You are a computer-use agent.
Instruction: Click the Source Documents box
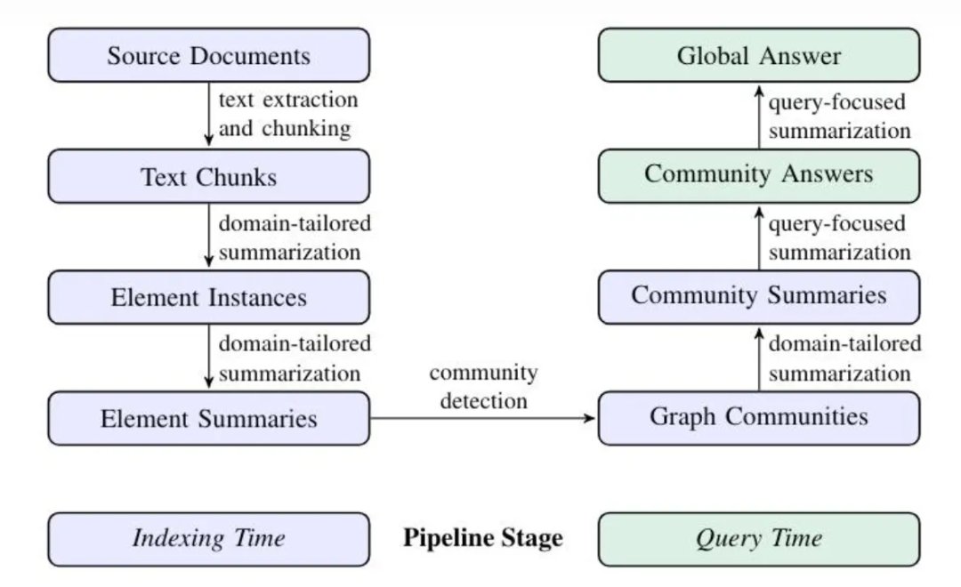click(x=209, y=55)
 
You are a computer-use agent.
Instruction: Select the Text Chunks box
click(x=209, y=176)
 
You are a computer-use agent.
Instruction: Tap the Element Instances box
click(x=209, y=297)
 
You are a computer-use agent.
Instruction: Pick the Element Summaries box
click(x=209, y=419)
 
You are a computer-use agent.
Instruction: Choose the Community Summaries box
click(x=759, y=297)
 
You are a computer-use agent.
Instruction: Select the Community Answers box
click(x=759, y=176)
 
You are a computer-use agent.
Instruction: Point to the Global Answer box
click(x=759, y=55)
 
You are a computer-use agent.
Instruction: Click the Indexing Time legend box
click(x=209, y=539)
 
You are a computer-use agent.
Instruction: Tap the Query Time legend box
click(x=759, y=539)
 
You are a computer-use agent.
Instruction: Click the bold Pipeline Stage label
click(x=483, y=538)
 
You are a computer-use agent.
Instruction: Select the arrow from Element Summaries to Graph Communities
click(x=483, y=419)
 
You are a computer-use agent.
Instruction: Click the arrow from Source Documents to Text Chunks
click(x=209, y=114)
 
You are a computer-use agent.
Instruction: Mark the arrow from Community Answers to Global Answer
click(x=759, y=117)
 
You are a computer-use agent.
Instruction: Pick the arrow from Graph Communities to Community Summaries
click(x=759, y=359)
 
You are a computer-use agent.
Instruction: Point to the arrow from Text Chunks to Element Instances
click(x=209, y=236)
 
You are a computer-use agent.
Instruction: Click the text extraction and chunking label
click(x=288, y=114)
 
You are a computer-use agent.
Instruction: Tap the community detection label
click(x=483, y=387)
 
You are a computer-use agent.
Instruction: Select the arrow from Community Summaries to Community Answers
click(x=759, y=237)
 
